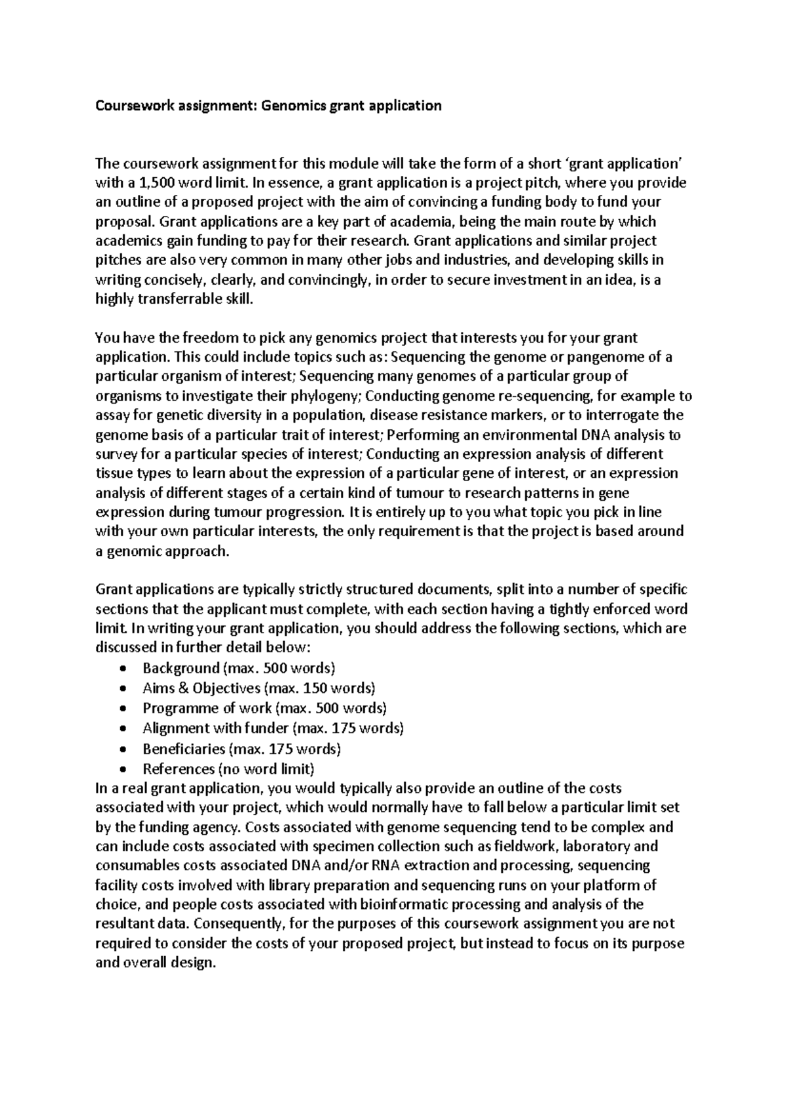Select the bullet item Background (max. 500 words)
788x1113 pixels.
(x=238, y=668)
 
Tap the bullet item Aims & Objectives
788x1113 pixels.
(x=259, y=688)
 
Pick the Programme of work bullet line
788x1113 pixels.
(x=264, y=708)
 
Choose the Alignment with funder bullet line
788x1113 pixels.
(x=273, y=728)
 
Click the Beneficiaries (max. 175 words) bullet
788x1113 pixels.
(x=241, y=748)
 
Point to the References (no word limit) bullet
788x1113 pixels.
(x=229, y=768)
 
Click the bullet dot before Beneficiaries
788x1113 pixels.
(x=125, y=749)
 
